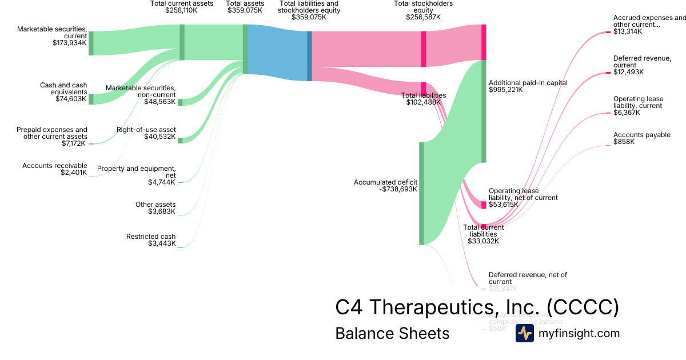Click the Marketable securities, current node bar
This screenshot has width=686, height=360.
point(91,43)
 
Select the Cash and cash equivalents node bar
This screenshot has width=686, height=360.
point(91,99)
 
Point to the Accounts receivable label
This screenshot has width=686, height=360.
point(55,166)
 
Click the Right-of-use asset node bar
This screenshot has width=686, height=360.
point(180,140)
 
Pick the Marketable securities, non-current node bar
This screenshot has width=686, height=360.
point(180,102)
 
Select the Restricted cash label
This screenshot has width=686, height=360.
point(151,237)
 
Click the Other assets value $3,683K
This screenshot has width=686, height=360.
point(162,211)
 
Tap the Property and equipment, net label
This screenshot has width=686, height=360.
point(137,171)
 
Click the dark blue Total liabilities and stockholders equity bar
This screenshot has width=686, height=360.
point(309,56)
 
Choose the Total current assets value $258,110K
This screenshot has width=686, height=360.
point(181,10)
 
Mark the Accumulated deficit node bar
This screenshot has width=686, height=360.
point(421,193)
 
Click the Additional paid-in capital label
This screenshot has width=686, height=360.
point(528,83)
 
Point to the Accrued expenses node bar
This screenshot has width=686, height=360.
point(608,33)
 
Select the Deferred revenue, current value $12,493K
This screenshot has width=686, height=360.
point(628,72)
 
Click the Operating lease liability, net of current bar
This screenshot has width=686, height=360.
point(484,205)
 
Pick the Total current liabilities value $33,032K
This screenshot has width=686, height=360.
point(484,241)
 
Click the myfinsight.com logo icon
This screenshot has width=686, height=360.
point(524,333)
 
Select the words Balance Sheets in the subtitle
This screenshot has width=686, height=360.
point(392,333)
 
